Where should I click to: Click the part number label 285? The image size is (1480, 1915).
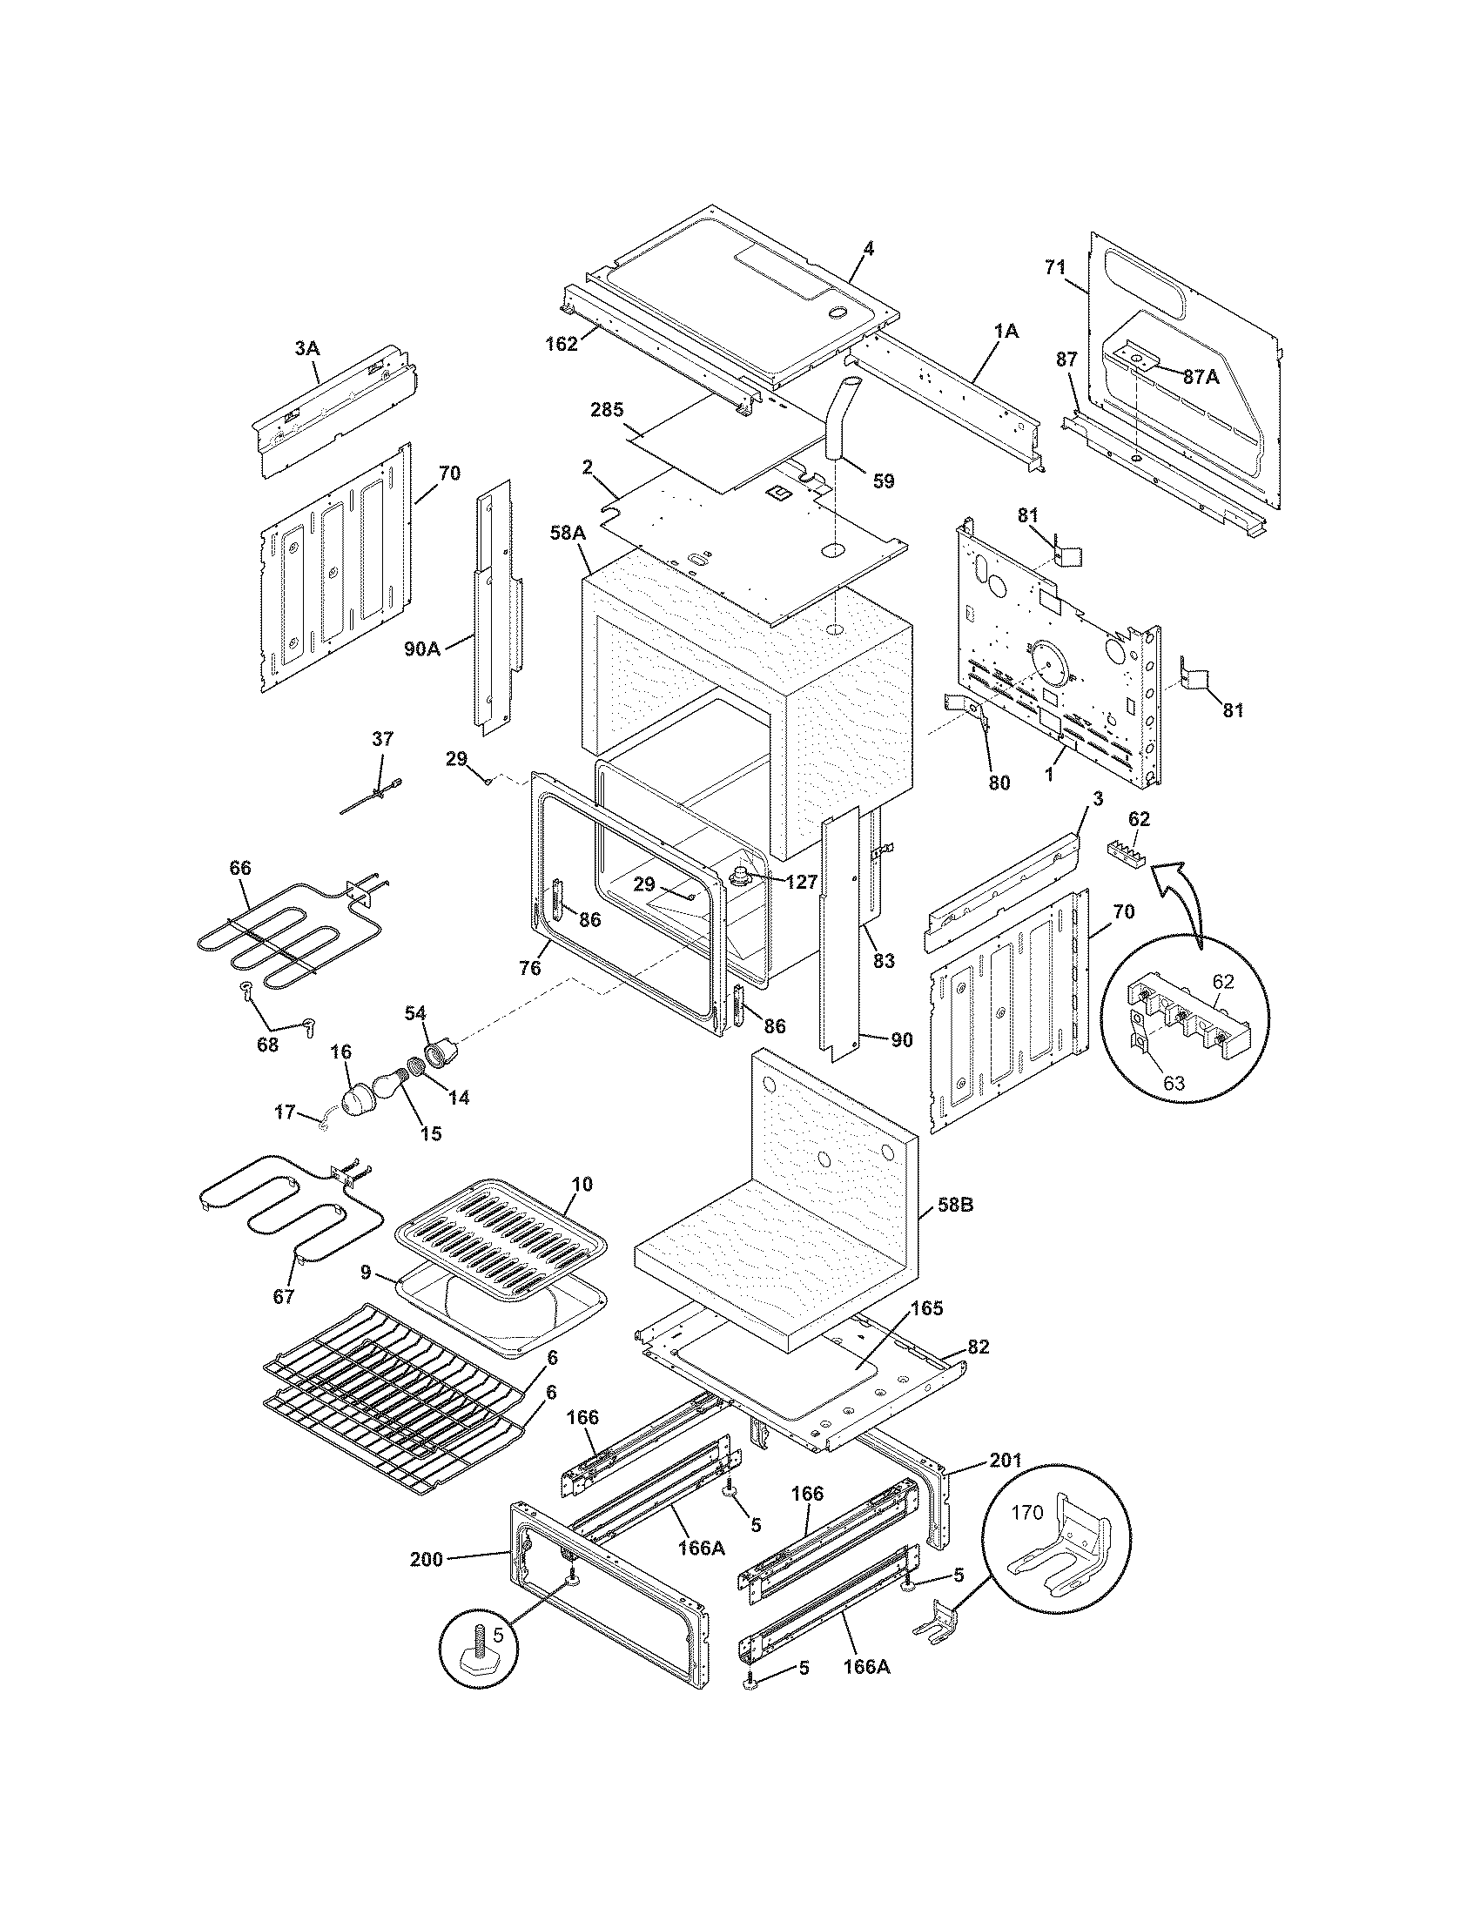607,408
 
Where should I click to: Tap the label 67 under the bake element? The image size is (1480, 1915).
283,1296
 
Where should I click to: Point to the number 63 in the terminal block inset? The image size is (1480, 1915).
1174,1084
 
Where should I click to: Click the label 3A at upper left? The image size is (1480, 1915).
306,348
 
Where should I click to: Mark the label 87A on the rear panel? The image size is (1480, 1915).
1201,376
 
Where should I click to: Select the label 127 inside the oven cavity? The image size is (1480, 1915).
800,882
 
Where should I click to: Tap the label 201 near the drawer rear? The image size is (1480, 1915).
1006,1460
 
